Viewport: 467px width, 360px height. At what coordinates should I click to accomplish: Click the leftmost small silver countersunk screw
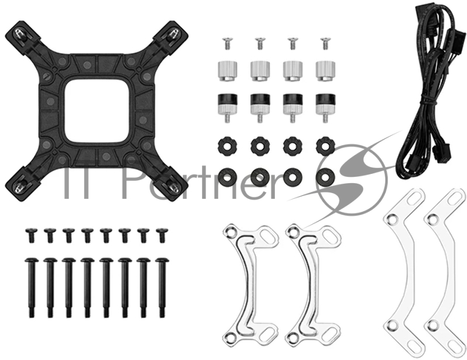pyautogui.click(x=227, y=43)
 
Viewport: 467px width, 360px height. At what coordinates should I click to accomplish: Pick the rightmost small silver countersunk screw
pyautogui.click(x=325, y=43)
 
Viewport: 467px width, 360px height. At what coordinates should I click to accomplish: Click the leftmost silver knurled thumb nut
pyautogui.click(x=228, y=71)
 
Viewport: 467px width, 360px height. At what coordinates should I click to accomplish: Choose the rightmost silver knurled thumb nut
pyautogui.click(x=326, y=71)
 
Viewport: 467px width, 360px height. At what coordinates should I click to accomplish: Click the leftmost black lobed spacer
pyautogui.click(x=228, y=146)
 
